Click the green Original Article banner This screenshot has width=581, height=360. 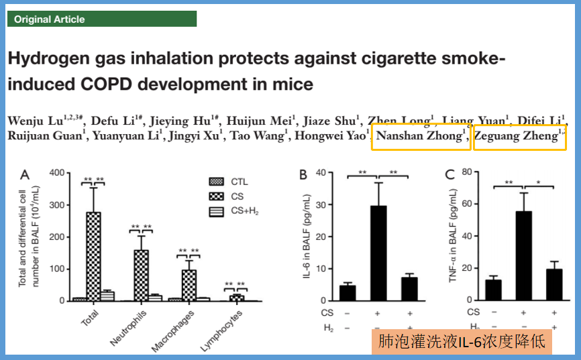(101, 19)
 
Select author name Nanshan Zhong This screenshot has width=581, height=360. (420, 136)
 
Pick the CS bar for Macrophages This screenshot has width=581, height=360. (189, 285)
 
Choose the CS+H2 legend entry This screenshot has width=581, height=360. (244, 211)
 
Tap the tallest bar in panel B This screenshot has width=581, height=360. (378, 253)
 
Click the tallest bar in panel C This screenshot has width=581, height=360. (524, 255)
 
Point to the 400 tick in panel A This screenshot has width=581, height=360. (58, 173)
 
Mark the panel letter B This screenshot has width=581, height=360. (303, 175)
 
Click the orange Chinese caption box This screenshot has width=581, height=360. (461, 342)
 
